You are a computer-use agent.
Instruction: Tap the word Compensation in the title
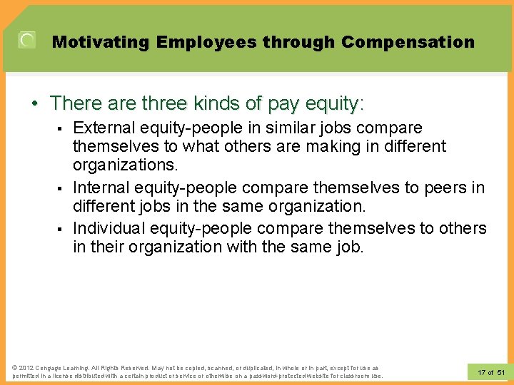coord(408,42)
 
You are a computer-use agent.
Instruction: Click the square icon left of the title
coord(27,41)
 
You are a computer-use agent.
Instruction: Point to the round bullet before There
coord(34,104)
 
